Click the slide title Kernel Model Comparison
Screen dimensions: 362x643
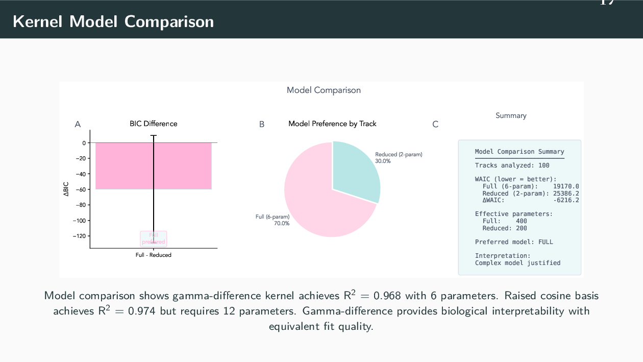(113, 22)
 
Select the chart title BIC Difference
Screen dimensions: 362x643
(153, 124)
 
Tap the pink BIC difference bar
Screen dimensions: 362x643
(122, 166)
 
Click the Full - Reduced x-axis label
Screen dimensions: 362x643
(153, 255)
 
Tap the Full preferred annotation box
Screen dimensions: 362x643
(154, 238)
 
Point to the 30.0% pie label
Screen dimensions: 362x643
(383, 161)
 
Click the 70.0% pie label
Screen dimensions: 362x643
(282, 223)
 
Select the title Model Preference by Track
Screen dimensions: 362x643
(332, 124)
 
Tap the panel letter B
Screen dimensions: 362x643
(262, 124)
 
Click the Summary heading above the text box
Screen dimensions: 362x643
(511, 115)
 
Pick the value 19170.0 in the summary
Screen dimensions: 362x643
(566, 186)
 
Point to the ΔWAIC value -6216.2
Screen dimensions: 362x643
(566, 200)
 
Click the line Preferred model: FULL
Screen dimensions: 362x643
(514, 242)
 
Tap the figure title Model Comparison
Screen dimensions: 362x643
(324, 90)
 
